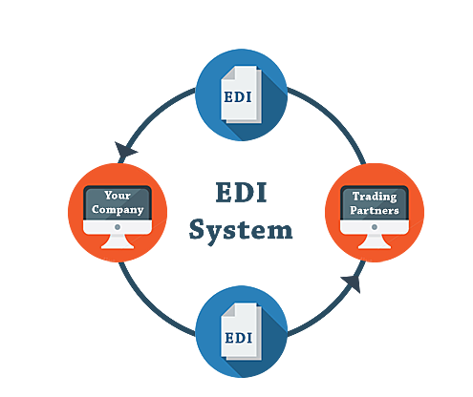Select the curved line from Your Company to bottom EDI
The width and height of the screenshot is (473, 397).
point(143,296)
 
